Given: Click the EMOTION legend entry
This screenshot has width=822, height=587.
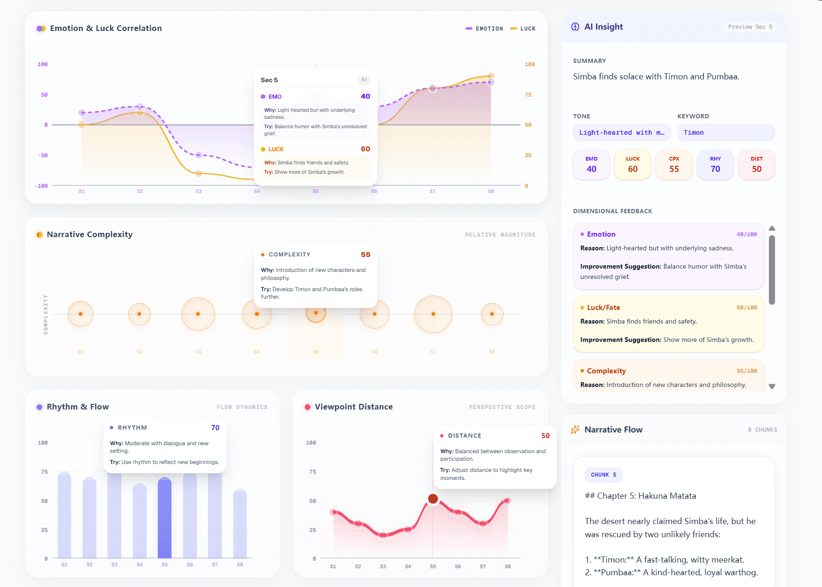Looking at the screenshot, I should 484,29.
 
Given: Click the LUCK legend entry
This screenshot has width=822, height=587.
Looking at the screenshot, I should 523,29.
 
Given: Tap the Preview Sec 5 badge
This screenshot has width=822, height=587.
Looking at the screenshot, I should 750,27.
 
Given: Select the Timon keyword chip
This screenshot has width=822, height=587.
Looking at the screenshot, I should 725,132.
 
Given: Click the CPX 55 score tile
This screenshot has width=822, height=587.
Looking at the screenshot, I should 674,165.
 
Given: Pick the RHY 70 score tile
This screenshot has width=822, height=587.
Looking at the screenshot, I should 715,165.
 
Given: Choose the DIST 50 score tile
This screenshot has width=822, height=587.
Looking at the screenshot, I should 756,165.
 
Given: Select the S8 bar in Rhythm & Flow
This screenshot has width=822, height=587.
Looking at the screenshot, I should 240,524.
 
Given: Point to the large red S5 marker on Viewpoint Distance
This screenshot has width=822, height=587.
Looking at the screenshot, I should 433,499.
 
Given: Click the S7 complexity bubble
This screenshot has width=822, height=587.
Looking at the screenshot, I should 433,314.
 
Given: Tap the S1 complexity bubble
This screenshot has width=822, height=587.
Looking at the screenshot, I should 80,314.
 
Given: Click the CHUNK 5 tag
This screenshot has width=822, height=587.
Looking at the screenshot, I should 604,475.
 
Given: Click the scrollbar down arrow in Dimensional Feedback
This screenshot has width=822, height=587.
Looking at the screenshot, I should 772,386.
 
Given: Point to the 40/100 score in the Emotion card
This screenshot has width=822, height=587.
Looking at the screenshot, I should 746,234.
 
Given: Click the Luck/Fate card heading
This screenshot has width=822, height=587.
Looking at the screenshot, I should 603,308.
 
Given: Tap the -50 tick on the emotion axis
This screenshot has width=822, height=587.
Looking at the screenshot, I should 43,155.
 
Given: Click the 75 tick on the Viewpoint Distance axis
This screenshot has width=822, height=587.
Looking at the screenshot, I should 312,472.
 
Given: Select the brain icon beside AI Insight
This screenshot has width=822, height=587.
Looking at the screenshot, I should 575,27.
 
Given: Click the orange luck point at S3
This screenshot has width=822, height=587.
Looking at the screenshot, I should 199,173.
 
